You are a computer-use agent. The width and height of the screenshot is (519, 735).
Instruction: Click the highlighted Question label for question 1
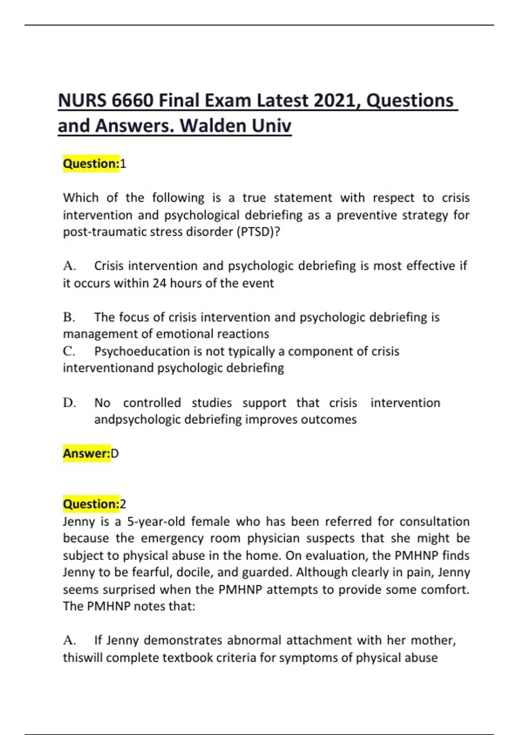(x=91, y=164)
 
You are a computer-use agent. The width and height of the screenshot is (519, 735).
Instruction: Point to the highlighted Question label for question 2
(x=91, y=504)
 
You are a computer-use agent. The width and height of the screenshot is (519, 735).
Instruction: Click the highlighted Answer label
(x=86, y=454)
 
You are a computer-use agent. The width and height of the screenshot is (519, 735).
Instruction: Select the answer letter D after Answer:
(x=115, y=454)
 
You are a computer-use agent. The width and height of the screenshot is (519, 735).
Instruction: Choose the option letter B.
(x=69, y=317)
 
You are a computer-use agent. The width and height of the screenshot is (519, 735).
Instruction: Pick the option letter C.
(x=69, y=352)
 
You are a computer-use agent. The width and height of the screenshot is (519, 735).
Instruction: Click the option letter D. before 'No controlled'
(x=69, y=403)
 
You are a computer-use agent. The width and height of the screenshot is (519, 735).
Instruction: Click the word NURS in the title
(x=82, y=101)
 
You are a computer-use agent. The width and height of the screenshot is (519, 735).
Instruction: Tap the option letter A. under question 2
(x=69, y=640)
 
